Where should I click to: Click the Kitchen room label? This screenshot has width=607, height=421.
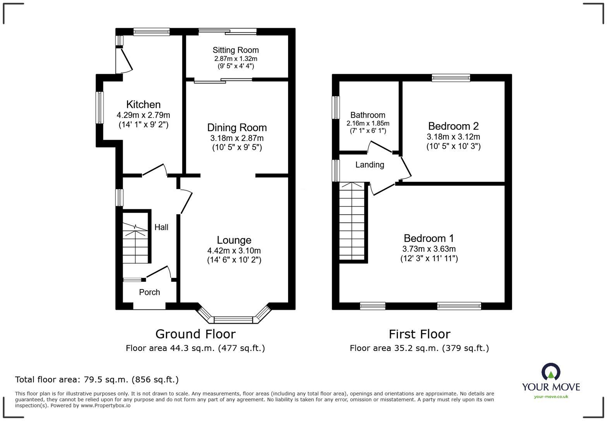click(x=143, y=104)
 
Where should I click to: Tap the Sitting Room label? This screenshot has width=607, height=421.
click(x=235, y=50)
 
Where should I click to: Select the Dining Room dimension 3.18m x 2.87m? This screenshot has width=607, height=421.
click(x=237, y=138)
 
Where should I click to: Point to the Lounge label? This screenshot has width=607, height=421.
click(x=234, y=240)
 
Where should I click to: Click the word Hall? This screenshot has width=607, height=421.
click(x=161, y=227)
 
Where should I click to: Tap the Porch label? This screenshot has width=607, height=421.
click(x=149, y=292)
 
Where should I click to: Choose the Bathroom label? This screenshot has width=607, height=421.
click(x=368, y=115)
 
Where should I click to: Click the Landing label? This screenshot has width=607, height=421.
click(x=370, y=165)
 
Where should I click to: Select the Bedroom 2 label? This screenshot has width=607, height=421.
click(x=453, y=126)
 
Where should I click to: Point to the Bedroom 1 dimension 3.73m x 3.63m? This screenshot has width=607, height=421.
click(x=429, y=249)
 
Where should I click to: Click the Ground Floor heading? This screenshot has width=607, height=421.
click(x=195, y=334)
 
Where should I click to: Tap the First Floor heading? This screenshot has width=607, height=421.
click(x=420, y=334)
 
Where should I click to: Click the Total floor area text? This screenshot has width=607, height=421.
click(x=97, y=380)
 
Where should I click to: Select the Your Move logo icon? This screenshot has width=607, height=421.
click(x=551, y=372)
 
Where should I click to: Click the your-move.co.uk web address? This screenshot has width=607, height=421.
click(x=551, y=397)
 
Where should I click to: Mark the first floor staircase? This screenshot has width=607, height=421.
click(x=352, y=221)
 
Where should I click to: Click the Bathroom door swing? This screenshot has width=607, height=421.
click(x=380, y=147)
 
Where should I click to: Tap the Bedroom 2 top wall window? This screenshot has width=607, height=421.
click(x=451, y=78)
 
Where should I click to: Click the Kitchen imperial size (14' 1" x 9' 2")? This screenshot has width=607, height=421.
click(x=143, y=125)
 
